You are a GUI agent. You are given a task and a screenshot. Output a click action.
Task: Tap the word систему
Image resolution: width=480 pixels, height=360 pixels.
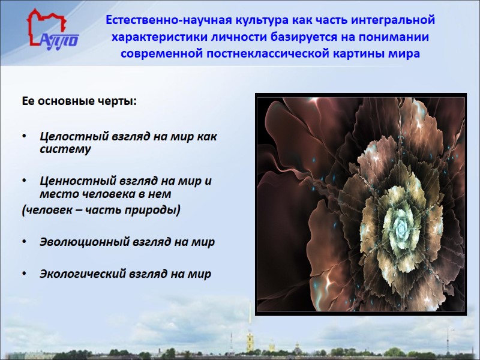(x=65, y=149)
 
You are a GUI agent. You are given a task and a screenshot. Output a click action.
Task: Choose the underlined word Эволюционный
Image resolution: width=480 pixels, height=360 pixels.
(x=77, y=242)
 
